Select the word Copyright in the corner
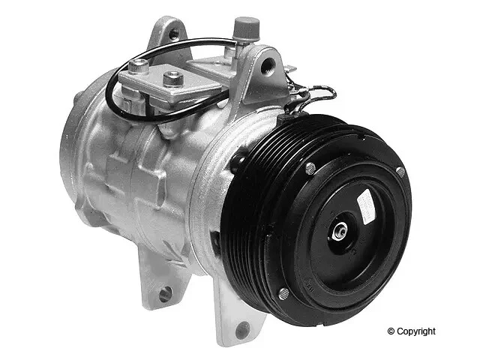(x=416, y=331)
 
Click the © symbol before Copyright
(x=391, y=331)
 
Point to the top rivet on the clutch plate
(x=310, y=168)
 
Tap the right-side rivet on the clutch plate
(x=400, y=172)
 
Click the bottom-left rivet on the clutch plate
(x=283, y=293)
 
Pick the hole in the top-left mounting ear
(x=174, y=33)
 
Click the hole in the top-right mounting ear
(x=267, y=66)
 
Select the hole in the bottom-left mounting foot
(x=165, y=293)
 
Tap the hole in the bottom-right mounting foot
(x=241, y=328)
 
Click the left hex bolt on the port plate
(x=137, y=67)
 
